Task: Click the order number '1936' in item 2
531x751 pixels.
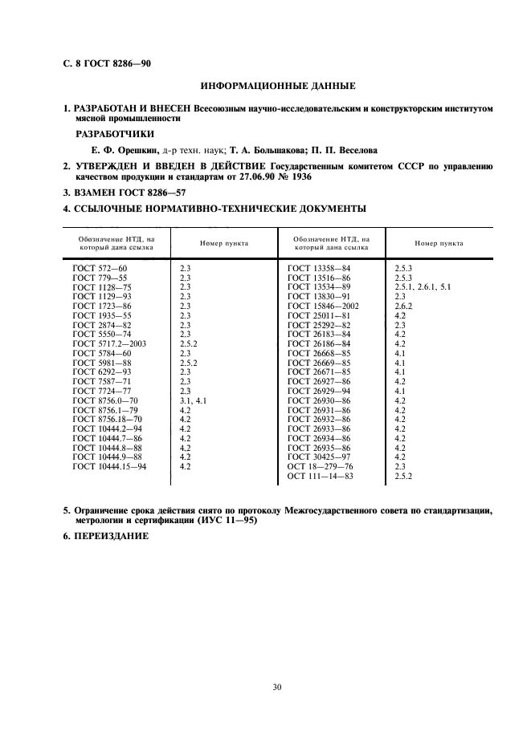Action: pyautogui.click(x=299, y=176)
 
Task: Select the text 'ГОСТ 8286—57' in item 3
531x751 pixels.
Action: pyautogui.click(x=153, y=193)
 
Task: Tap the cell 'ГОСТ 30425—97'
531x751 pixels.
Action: pyautogui.click(x=319, y=457)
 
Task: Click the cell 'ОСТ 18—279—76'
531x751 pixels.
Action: pyautogui.click(x=320, y=466)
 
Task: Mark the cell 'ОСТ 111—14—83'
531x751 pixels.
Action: pyautogui.click(x=320, y=477)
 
